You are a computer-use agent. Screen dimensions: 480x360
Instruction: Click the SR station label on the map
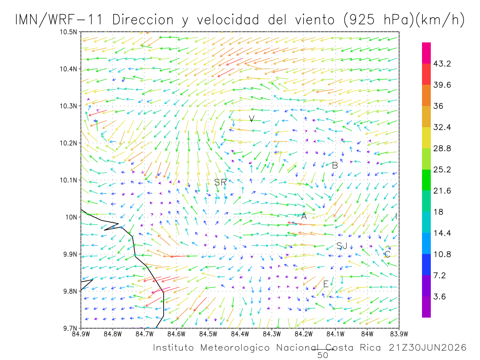click(x=220, y=182)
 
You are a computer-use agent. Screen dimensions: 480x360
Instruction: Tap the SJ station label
click(x=342, y=246)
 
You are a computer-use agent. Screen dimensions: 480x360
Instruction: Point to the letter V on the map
click(x=252, y=118)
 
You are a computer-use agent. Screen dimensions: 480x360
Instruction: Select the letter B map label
click(x=335, y=166)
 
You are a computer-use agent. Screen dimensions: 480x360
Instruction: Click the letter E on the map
click(x=326, y=284)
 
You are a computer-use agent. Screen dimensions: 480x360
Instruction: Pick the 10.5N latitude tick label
click(x=68, y=32)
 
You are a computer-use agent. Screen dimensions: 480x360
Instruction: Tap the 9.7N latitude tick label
click(x=70, y=328)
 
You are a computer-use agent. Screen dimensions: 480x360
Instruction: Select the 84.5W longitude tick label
click(x=208, y=334)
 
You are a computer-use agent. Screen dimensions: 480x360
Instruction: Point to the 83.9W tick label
click(x=399, y=334)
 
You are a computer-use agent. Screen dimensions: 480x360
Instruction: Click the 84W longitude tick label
click(x=367, y=334)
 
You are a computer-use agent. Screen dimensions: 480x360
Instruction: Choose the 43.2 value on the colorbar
click(x=442, y=64)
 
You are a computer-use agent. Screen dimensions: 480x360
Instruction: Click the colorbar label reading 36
click(x=438, y=106)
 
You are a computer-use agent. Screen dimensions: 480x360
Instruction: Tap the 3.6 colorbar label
click(x=439, y=297)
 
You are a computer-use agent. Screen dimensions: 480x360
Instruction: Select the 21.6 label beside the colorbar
click(x=442, y=191)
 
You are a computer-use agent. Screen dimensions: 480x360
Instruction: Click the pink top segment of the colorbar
click(x=426, y=53)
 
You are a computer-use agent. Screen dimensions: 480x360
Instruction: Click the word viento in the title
click(x=315, y=20)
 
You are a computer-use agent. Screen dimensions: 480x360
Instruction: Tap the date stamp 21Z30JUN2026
click(x=428, y=348)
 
